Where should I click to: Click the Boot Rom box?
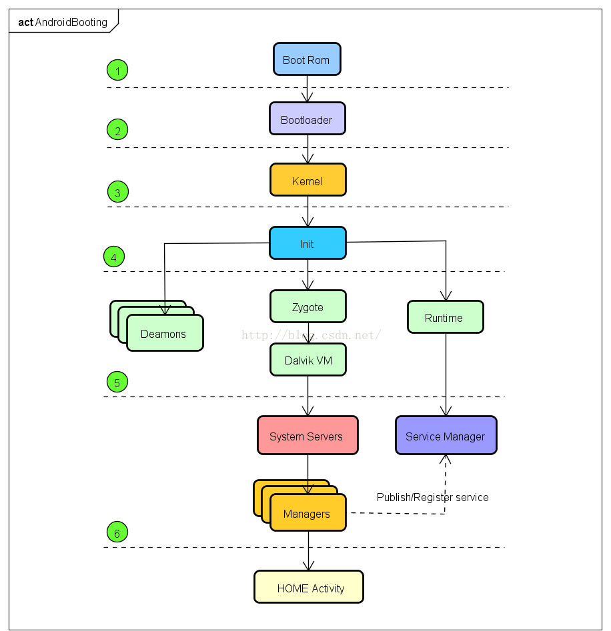tap(307, 59)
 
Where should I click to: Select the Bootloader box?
tap(307, 119)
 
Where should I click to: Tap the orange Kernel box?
tap(308, 180)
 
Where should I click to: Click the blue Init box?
tap(308, 243)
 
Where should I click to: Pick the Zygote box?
tap(308, 307)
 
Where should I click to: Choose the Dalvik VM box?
tap(308, 360)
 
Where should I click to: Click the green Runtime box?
tap(445, 317)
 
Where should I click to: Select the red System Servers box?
tap(307, 436)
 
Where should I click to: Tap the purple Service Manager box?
tap(446, 436)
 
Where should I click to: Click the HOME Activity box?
tap(309, 587)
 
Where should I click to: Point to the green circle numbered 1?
tap(117, 70)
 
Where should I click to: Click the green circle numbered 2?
tap(117, 130)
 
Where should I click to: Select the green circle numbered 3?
tap(117, 193)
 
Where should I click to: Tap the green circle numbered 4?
tap(114, 257)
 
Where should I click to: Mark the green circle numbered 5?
tap(117, 382)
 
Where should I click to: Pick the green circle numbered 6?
tap(117, 532)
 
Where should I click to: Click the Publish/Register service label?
tap(432, 497)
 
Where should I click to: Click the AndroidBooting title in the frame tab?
tap(71, 22)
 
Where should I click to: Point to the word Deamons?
tap(163, 334)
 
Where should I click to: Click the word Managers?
tap(307, 514)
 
